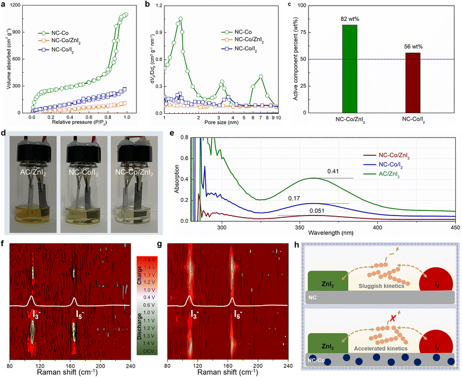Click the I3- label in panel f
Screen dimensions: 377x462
pos(36,313)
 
